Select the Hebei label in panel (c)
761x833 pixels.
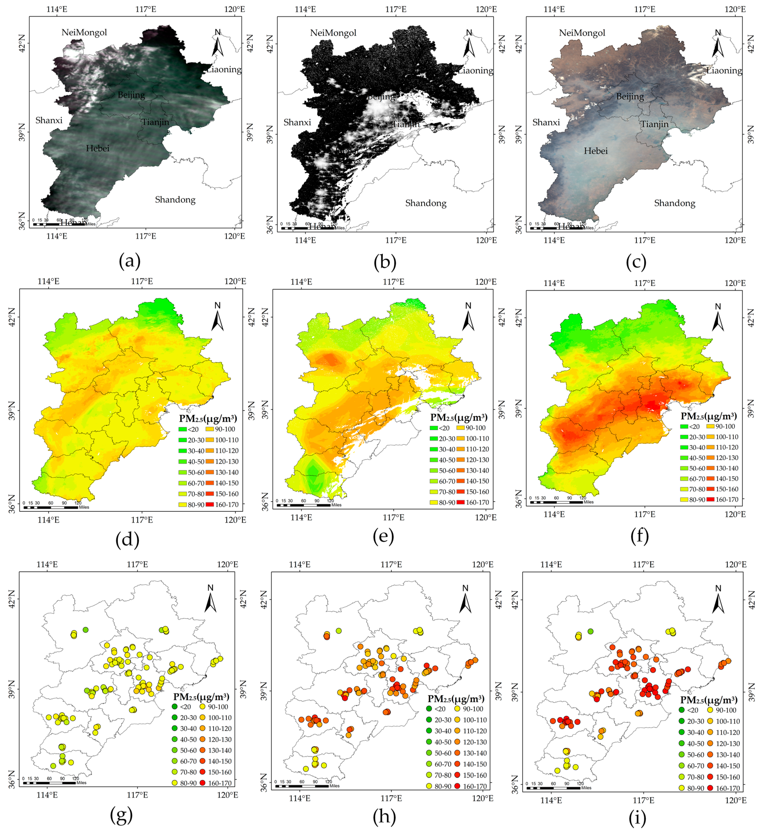pos(596,151)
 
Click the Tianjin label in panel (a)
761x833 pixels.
pos(156,122)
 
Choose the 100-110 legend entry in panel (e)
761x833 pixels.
pos(473,438)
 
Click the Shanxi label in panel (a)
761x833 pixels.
pos(49,120)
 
